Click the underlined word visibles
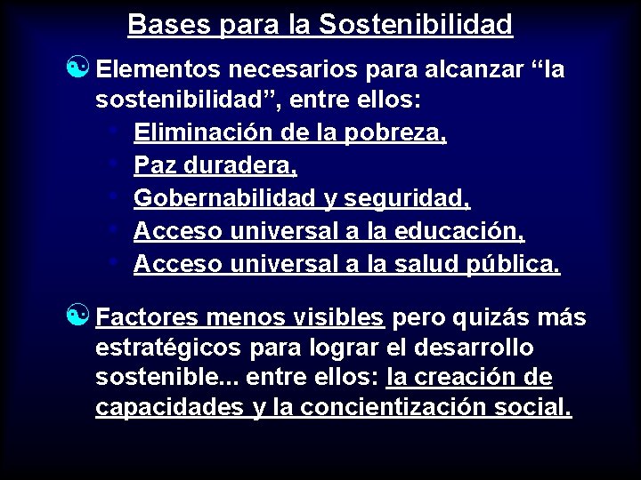coord(341,317)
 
